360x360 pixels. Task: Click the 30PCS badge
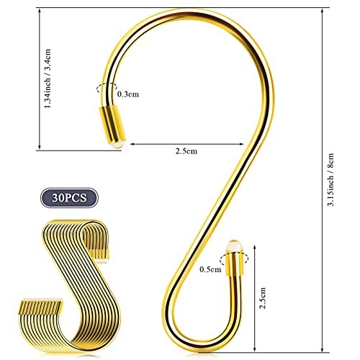(x=66, y=197)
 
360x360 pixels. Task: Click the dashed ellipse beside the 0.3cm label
(x=106, y=91)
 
